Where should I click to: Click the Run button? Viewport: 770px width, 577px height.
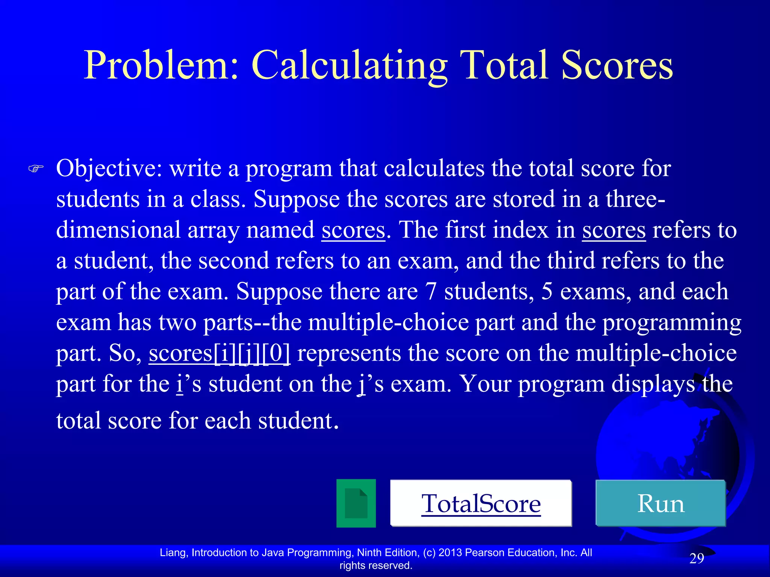[x=661, y=503]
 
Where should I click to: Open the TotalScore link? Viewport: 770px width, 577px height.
[x=481, y=503]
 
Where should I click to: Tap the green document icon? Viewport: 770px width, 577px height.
[x=356, y=503]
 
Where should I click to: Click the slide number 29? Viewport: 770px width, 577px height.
[x=696, y=559]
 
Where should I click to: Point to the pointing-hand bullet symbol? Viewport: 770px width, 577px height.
[x=36, y=169]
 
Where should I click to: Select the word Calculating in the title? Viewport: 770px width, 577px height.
[x=350, y=65]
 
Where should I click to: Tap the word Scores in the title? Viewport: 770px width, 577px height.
[x=617, y=65]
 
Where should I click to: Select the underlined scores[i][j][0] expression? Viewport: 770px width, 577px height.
[x=220, y=353]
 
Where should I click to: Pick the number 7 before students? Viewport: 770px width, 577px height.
[x=430, y=292]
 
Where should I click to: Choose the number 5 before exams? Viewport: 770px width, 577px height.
[x=547, y=292]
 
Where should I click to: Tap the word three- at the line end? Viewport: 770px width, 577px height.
[x=635, y=199]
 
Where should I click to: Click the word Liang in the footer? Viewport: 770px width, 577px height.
[x=174, y=553]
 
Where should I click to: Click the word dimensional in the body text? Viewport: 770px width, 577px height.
[x=118, y=230]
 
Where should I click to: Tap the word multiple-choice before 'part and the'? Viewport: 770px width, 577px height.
[x=388, y=322]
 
